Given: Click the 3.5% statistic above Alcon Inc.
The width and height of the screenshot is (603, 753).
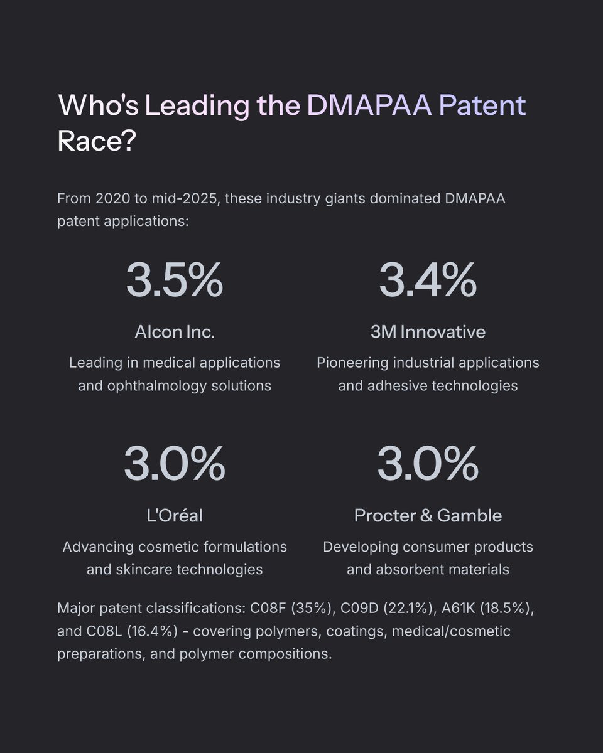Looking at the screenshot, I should pos(174,280).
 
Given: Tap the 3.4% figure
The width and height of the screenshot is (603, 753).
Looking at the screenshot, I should pos(427,280).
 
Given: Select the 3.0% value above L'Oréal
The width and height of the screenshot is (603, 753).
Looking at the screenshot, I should pos(174,464).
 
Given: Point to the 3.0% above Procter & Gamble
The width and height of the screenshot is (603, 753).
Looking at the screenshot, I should pos(427,464).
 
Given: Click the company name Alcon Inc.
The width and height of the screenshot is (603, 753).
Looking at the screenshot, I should pos(174,332).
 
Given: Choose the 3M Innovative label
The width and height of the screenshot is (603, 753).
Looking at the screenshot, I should pos(428,332).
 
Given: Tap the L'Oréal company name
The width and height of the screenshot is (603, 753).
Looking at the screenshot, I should pos(174,516).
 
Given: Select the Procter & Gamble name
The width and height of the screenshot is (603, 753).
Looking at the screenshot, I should pos(428,516).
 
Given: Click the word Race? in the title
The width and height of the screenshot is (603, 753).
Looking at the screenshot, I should pos(97,142).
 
